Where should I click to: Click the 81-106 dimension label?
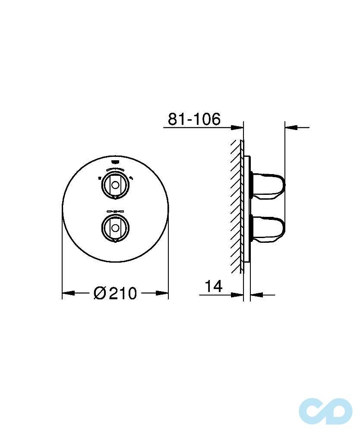194,119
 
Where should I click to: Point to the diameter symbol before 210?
100,293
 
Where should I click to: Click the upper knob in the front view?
115,185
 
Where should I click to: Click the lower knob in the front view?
115,227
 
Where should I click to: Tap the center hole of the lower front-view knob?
115,227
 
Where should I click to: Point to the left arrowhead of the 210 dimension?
69,293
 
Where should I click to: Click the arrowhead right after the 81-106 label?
237,127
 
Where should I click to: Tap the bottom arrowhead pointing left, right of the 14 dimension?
256,295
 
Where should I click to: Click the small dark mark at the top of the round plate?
115,159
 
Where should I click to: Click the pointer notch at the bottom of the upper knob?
115,198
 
